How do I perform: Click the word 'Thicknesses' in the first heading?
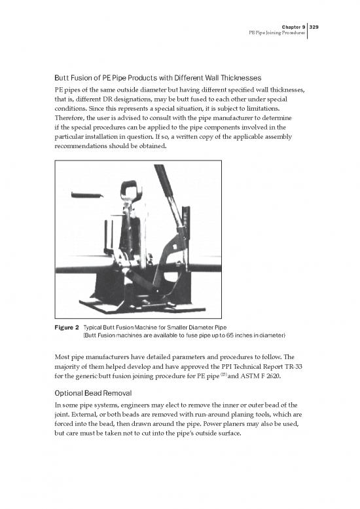[x=236, y=78]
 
